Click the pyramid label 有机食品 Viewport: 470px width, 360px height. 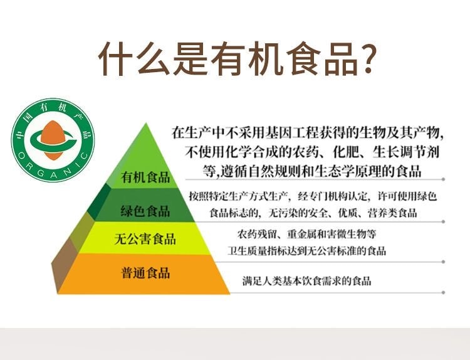click(x=145, y=177)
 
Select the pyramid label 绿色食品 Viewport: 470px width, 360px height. click(x=145, y=210)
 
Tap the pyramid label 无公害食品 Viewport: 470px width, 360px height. click(x=145, y=239)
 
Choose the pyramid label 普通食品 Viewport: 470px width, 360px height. click(x=145, y=273)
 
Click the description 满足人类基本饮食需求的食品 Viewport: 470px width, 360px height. click(x=306, y=281)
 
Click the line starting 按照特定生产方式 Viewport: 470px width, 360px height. click(x=313, y=196)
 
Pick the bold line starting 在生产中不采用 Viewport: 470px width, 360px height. click(x=307, y=133)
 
